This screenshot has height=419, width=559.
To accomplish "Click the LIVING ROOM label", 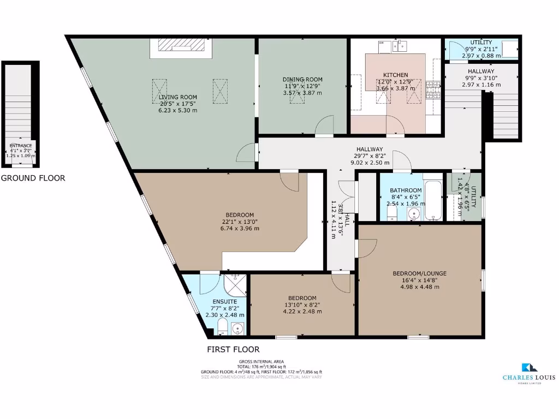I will coord(174,97).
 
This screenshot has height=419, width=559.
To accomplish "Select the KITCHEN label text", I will coord(395,75).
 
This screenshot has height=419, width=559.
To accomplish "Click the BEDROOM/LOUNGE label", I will coord(420,273).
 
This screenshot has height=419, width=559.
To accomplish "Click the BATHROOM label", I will coord(405,190).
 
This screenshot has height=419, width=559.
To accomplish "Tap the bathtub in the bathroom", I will coord(435,200).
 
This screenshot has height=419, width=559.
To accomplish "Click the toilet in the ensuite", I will coord(222,327).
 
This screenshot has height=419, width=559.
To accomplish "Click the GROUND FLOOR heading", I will coord(33,178).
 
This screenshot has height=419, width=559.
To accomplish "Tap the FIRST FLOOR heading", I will coord(233,349).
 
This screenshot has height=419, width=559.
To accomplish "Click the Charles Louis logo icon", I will coord(530,368).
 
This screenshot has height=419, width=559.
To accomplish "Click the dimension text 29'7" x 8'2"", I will coord(370,156).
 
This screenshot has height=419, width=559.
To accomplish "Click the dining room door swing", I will coord(325,125).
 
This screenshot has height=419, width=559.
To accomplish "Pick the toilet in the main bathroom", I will coord(392,214).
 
